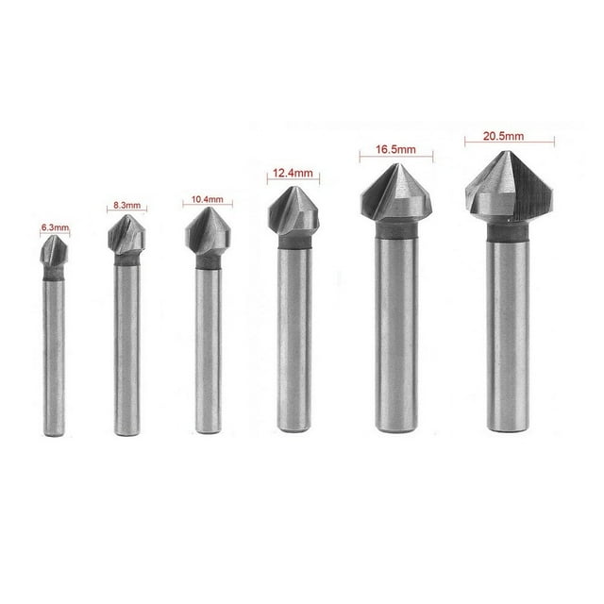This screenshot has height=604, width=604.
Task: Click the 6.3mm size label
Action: click(x=55, y=227)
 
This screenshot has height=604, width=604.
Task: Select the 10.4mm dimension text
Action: click(x=205, y=199)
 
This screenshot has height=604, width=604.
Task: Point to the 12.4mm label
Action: click(x=293, y=173)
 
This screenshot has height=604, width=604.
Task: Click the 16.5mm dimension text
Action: click(x=394, y=149)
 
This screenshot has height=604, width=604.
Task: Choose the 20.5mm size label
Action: click(x=509, y=135)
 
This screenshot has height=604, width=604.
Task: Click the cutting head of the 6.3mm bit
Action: click(x=55, y=255)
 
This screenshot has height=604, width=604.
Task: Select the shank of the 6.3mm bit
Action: click(x=56, y=359)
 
